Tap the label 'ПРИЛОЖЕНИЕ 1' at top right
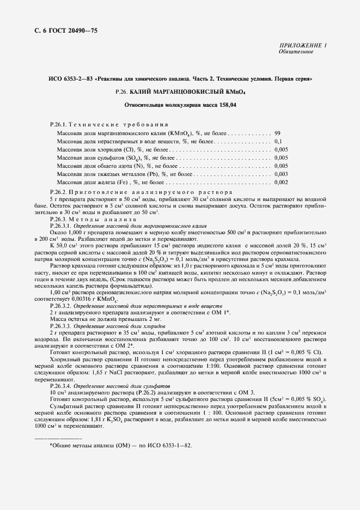point(302,46)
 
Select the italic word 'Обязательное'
point(296,52)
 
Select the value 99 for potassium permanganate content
point(277,132)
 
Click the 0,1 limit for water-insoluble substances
point(278,141)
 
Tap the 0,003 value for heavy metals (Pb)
point(281,173)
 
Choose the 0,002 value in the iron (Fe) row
point(281,181)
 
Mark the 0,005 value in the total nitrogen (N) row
point(281,165)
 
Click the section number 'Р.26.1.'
point(58,125)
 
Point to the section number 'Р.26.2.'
point(58,192)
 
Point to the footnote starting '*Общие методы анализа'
point(120,445)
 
